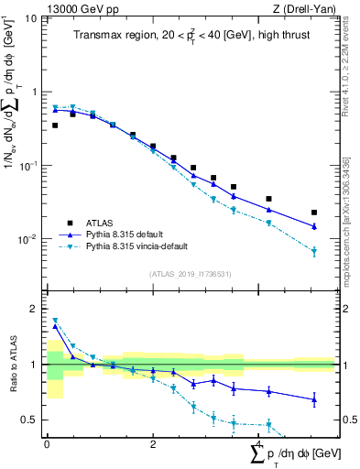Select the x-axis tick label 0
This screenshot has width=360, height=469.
click(47, 446)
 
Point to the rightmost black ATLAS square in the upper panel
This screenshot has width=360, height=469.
click(314, 213)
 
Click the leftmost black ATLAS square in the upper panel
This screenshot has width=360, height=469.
click(55, 125)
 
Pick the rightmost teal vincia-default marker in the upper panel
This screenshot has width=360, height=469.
click(314, 251)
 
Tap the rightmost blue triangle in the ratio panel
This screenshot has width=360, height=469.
click(314, 399)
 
